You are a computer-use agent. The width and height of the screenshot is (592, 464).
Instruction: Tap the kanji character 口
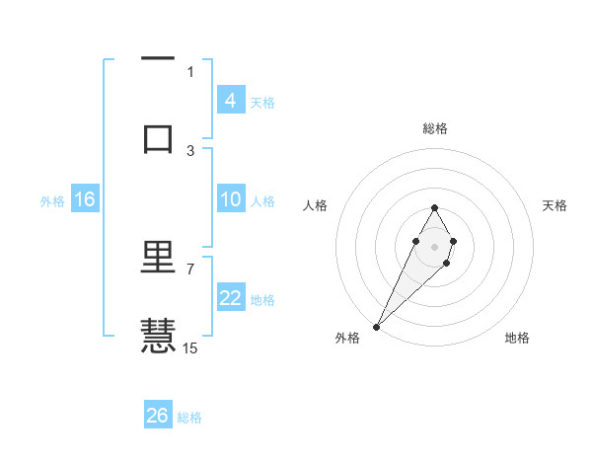[158, 138]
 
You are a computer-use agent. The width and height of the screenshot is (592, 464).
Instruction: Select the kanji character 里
[158, 260]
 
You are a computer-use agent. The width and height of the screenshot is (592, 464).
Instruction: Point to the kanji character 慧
[158, 335]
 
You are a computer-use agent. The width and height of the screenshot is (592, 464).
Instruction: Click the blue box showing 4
[230, 101]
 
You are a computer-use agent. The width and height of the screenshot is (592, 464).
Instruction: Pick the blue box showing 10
[230, 200]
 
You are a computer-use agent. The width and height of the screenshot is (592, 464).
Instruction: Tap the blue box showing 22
[230, 298]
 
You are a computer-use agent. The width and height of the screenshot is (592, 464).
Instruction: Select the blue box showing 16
[85, 200]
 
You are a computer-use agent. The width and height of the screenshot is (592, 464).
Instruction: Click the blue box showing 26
[158, 416]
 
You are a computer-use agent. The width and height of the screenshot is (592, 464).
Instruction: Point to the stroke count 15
[190, 348]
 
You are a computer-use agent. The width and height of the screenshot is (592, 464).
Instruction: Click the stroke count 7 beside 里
[190, 269]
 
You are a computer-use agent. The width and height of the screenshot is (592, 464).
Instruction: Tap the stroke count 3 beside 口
[190, 150]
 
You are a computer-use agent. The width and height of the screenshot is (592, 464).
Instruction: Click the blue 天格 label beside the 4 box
[262, 102]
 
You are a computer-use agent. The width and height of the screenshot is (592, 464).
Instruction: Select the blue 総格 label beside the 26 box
[189, 418]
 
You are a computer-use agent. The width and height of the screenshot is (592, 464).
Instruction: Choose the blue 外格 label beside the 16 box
[52, 201]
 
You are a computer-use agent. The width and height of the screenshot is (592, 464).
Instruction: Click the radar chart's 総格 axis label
[434, 128]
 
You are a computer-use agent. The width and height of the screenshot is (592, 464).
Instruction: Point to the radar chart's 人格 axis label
[315, 205]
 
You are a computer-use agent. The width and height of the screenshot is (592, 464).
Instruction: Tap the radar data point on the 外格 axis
[376, 326]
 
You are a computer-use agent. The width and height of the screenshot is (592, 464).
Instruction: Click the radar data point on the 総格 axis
[434, 207]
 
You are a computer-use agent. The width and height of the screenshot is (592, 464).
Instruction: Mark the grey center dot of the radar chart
[434, 245]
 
